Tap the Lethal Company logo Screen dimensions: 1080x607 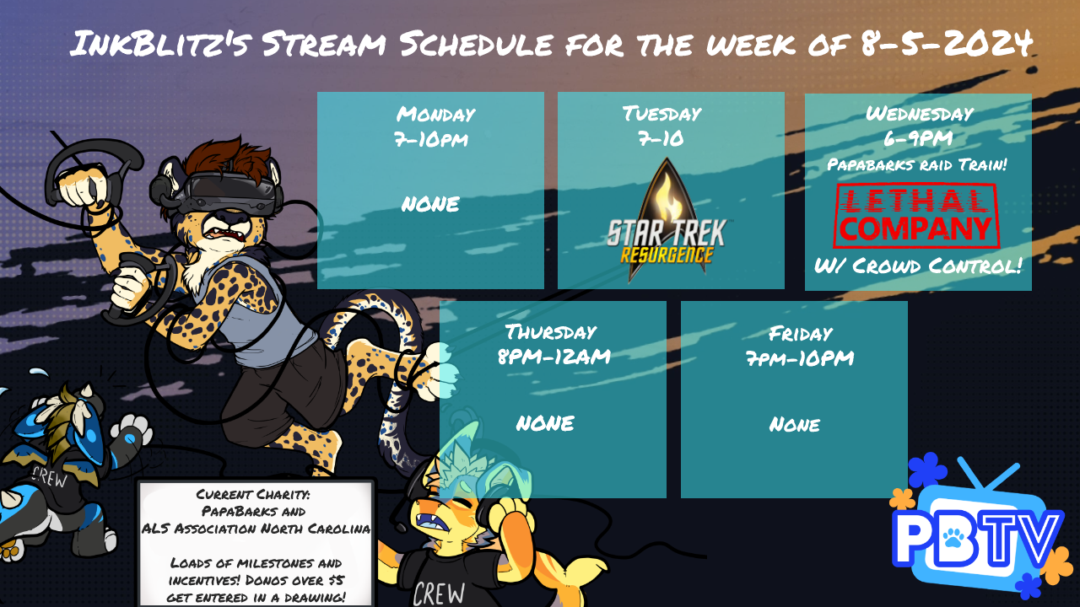coord(916,216)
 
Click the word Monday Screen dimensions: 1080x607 coord(436,115)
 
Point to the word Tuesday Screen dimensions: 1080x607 coord(662,114)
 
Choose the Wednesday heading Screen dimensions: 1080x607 coord(920,114)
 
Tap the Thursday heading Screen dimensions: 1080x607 coord(551,332)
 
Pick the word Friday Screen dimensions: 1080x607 coord(801,333)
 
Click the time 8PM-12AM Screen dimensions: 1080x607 coord(554,357)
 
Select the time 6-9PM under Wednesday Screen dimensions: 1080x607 coord(918,139)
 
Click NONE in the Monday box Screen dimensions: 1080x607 coord(430,204)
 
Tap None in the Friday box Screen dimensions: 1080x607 coord(794,424)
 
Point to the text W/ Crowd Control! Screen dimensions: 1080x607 coord(918,266)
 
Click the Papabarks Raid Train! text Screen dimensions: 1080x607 coord(917,164)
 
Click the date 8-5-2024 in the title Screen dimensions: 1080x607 coord(947,43)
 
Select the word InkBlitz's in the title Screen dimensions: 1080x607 coord(160,43)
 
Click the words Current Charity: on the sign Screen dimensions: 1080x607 coord(252,494)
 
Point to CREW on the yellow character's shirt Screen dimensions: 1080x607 coord(439,594)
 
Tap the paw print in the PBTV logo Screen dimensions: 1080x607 coord(953,538)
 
